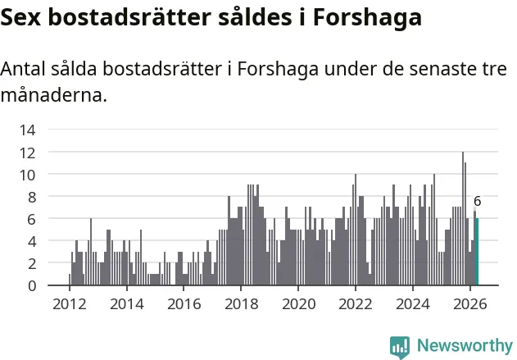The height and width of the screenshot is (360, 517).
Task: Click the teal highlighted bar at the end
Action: click(x=477, y=252)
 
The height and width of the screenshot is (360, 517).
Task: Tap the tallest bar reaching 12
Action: click(x=463, y=218)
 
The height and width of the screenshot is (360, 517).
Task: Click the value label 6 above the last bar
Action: click(x=477, y=201)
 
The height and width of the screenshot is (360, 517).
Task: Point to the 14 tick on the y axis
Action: click(x=27, y=130)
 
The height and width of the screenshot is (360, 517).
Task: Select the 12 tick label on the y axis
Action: click(x=27, y=153)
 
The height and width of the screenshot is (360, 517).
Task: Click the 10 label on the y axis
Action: click(x=27, y=175)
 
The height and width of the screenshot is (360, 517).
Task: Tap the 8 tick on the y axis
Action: click(x=32, y=198)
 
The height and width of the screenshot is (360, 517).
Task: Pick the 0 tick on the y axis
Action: click(x=32, y=285)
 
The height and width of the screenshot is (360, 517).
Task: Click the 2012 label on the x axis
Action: click(x=70, y=304)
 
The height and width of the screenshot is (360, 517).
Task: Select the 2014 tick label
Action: click(x=127, y=304)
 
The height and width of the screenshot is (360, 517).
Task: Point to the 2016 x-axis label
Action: click(x=184, y=304)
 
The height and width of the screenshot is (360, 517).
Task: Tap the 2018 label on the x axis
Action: click(x=242, y=304)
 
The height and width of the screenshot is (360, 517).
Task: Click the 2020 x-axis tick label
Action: click(x=299, y=304)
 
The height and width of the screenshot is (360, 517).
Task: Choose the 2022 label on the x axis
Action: click(x=356, y=304)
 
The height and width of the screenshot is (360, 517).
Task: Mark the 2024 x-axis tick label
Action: click(x=413, y=304)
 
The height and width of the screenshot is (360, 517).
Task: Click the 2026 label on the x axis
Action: click(x=470, y=304)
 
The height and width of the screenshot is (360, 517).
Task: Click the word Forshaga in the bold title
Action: click(x=367, y=18)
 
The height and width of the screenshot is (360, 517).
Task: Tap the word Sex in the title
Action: click(x=20, y=17)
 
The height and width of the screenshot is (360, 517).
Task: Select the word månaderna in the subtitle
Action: click(x=54, y=95)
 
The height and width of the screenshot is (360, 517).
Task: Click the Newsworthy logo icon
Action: click(x=400, y=347)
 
